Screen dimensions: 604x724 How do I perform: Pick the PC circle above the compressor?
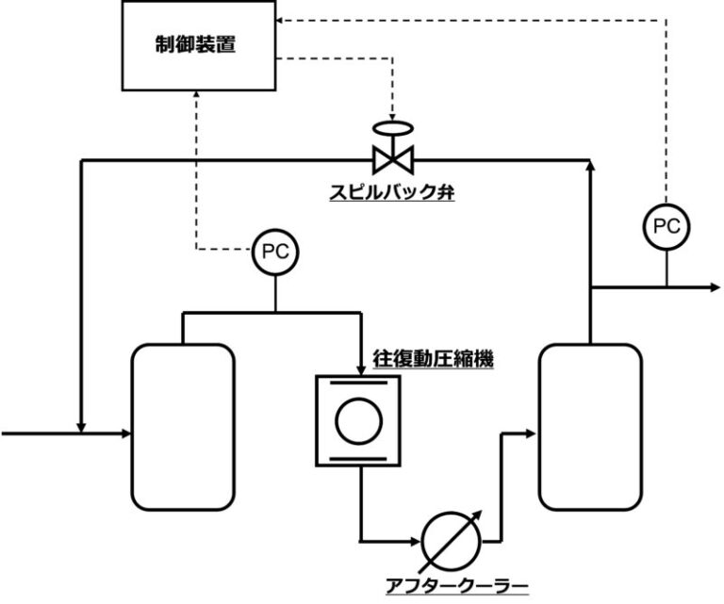pos(274,252)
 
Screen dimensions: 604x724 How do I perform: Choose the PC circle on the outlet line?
pos(666,226)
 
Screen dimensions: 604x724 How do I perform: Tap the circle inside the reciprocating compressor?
pos(357,419)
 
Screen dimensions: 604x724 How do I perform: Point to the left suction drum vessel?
pos(182,427)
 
